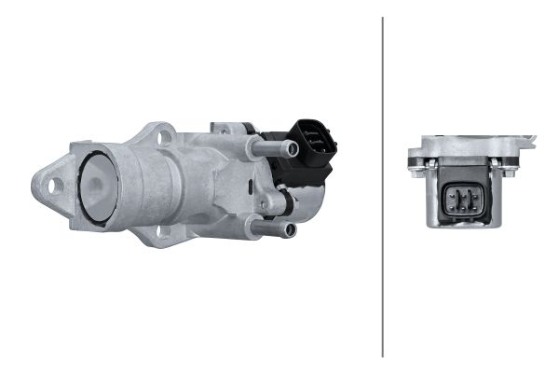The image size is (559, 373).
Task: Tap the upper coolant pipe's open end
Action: click(292, 148)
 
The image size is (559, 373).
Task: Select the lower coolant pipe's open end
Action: click(290, 229)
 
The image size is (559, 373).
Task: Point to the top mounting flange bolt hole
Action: click(167, 137)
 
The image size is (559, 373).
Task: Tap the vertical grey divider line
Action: click(383, 186)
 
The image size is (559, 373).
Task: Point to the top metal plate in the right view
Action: click(470, 147)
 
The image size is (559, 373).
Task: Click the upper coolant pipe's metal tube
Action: click(270, 146)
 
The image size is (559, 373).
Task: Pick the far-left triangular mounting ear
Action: click(51, 185)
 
